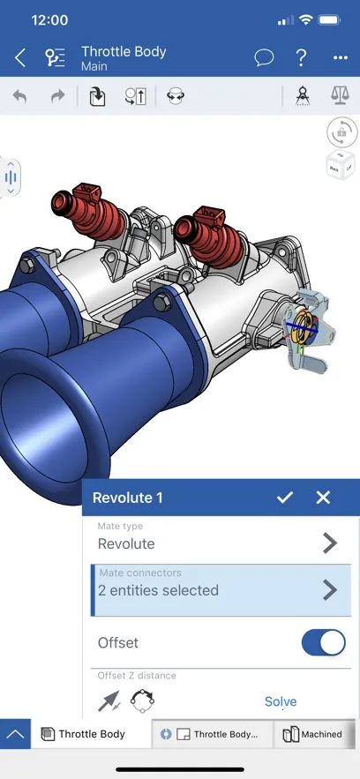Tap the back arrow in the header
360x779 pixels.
(x=19, y=58)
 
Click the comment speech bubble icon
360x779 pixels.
(x=264, y=58)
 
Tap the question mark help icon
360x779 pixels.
(x=302, y=58)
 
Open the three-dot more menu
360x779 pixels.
(x=341, y=58)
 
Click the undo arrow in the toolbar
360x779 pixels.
(x=19, y=96)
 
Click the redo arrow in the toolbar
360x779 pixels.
(x=57, y=96)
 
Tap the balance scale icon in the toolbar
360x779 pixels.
(x=341, y=96)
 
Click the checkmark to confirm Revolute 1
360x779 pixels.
(x=284, y=498)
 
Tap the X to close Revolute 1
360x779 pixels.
(x=323, y=498)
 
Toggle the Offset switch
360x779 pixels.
(x=323, y=643)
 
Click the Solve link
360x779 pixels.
(x=281, y=701)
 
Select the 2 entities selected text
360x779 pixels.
(x=159, y=590)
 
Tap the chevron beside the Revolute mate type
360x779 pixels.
(x=330, y=543)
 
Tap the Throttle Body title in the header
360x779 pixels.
(x=123, y=52)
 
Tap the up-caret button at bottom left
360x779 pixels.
(x=15, y=734)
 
